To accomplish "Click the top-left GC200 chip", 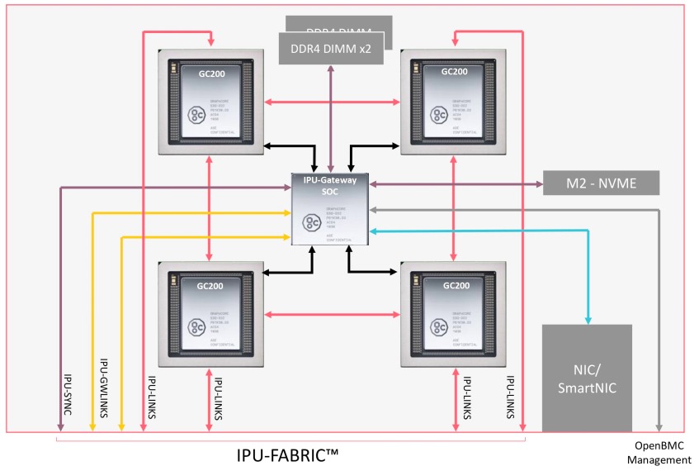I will point(212,102).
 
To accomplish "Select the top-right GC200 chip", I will point(453,102).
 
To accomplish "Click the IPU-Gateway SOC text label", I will point(331,184).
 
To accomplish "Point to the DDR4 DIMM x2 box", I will point(331,49).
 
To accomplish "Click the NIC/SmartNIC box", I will point(587,378).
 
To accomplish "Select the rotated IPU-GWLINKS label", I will point(104,388).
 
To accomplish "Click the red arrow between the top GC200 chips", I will point(333,102).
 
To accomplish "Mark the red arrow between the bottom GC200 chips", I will point(333,314).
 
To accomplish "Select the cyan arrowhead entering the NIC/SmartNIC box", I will point(588,318).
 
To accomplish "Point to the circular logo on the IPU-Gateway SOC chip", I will point(313,222).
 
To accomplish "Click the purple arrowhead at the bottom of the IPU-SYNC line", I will point(61,426).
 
